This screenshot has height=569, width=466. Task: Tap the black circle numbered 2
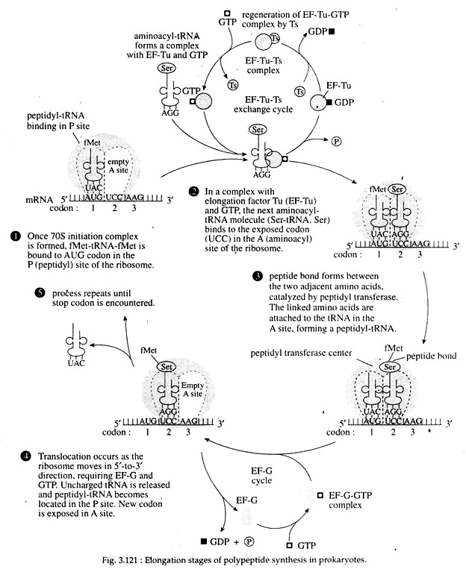[x=194, y=192]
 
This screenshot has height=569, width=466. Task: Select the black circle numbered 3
[x=258, y=275]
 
